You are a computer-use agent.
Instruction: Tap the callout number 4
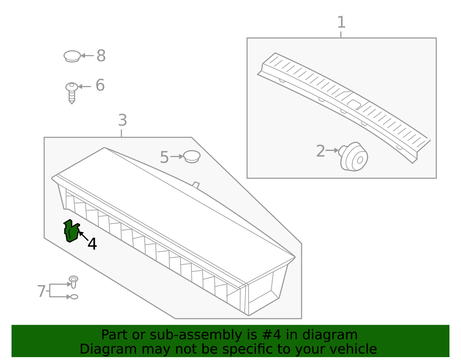92,244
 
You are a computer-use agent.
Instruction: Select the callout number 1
341,22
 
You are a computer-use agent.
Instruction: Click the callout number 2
320,151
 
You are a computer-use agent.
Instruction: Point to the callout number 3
122,120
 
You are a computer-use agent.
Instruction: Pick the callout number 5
164,157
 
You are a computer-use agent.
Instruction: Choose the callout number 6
100,85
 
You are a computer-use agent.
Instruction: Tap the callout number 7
41,291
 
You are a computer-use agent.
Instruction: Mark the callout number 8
101,56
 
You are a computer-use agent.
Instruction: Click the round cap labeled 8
72,56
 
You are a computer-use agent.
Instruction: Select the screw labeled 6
72,92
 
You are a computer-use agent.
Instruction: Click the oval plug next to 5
192,157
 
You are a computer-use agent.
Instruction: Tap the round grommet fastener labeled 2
354,157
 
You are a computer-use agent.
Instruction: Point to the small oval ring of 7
74,297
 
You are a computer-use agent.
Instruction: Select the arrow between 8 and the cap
87,56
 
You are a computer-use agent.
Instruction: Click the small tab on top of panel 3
196,185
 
